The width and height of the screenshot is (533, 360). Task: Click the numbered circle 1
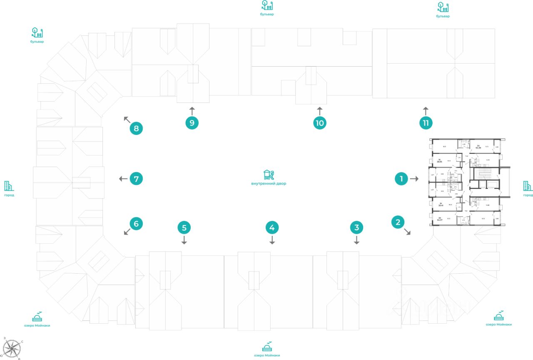tap(401, 179)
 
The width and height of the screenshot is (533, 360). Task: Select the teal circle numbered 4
tap(272, 227)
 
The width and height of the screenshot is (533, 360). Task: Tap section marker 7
tap(136, 179)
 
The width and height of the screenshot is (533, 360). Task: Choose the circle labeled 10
tap(319, 123)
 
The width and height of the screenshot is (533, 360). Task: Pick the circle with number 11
tap(426, 123)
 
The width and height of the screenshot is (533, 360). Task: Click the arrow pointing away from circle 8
tap(127, 120)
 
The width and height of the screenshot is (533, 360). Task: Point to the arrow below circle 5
tap(184, 240)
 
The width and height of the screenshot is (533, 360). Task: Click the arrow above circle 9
tap(192, 110)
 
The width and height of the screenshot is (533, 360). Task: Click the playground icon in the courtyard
tap(269, 175)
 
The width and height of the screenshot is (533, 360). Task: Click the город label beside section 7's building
tap(9, 195)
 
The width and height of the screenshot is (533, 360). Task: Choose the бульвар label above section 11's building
tap(443, 16)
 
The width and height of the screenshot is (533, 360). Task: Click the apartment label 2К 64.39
tap(478, 146)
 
